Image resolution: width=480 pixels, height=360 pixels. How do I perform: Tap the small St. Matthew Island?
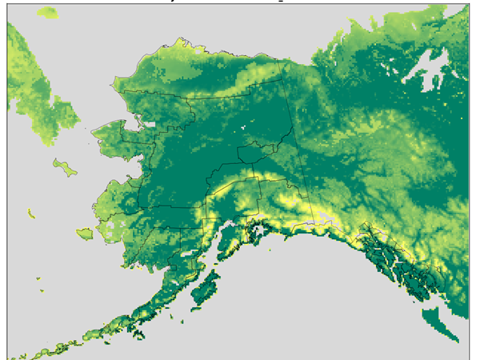(x=31, y=213)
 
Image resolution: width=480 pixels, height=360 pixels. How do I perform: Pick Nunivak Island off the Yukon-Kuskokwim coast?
(x=84, y=234)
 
